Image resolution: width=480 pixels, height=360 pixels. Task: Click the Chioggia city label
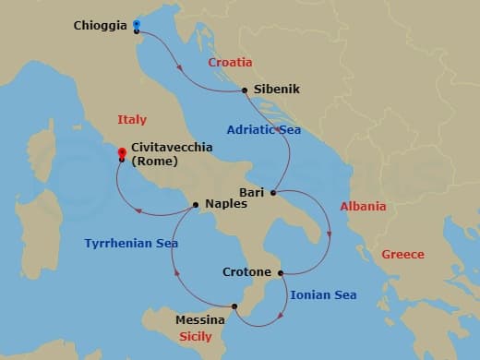click(100, 26)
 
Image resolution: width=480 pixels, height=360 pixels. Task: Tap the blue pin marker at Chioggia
click(137, 24)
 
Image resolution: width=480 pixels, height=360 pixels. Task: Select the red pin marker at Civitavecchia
click(122, 150)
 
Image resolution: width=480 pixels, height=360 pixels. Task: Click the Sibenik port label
click(276, 90)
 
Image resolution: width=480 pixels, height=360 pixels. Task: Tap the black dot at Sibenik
click(244, 90)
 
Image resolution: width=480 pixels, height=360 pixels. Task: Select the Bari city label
click(251, 192)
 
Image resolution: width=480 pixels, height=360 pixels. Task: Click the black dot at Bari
click(272, 193)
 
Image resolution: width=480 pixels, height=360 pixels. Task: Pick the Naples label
click(225, 204)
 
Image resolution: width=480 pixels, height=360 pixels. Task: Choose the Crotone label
click(246, 272)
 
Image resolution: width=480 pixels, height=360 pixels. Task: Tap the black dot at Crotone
click(281, 272)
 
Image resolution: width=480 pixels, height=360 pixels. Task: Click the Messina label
click(199, 320)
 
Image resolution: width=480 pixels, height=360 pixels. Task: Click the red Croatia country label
click(230, 62)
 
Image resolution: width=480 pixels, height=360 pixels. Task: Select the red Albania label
click(363, 207)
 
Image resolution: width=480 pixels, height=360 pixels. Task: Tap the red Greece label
click(402, 254)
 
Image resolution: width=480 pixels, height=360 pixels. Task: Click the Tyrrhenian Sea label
click(131, 244)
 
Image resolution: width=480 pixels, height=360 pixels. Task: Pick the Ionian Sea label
click(323, 295)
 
